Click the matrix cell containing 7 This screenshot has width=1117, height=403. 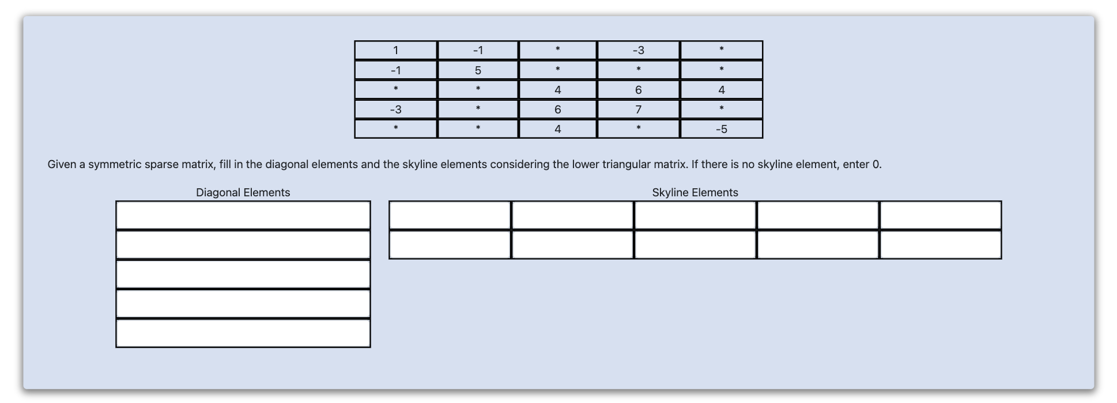pos(638,109)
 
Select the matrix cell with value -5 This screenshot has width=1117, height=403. pos(721,129)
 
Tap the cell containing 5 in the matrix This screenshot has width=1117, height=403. pos(478,70)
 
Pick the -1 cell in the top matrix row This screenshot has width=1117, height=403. pos(478,50)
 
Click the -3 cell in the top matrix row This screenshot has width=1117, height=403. pos(638,50)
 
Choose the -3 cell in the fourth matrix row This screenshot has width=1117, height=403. pos(395,109)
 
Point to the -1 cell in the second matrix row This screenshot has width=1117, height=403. pos(395,70)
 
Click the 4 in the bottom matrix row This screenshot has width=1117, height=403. pos(557,129)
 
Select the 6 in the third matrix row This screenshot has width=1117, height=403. pos(638,90)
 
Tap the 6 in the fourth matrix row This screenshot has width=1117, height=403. pos(557,109)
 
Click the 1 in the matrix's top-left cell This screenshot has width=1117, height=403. pos(395,50)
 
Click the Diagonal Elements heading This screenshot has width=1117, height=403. pos(243,192)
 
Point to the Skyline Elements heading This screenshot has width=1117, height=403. pos(695,192)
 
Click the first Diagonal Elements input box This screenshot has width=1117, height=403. pos(243,215)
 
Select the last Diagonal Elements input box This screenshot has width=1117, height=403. pos(243,333)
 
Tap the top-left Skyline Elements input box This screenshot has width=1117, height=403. pos(450,215)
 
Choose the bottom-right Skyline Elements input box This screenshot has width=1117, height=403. pos(941,245)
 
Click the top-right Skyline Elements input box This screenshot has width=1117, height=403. pos(941,215)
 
